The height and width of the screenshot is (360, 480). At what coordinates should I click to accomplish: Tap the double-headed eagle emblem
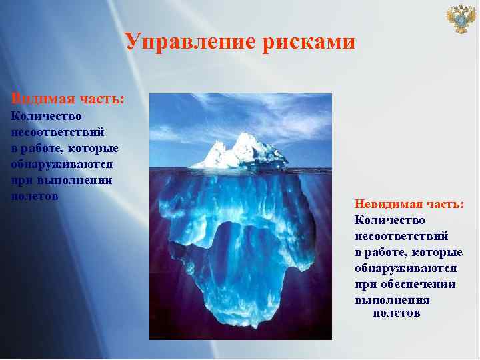[x=460, y=19]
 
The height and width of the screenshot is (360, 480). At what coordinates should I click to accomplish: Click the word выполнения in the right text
[x=392, y=300]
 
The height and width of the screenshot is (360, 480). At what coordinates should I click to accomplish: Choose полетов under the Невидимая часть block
[x=397, y=313]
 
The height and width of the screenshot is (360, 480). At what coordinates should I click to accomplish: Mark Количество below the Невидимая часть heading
[x=390, y=219]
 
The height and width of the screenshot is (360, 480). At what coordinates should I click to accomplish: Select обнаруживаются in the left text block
[x=62, y=163]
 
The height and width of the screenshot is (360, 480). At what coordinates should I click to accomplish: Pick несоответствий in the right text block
[x=401, y=235]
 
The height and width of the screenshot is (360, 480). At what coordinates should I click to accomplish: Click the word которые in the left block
[x=96, y=147]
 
